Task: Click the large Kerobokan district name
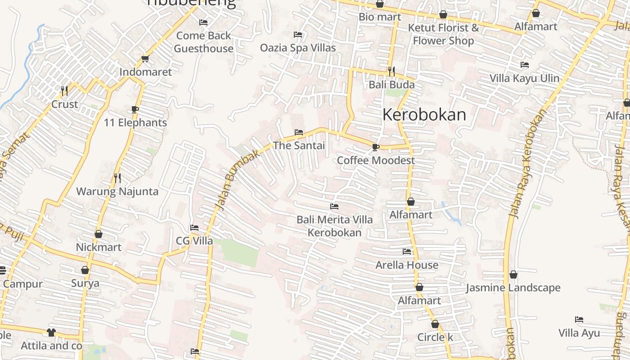(424, 115)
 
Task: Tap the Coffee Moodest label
(376, 160)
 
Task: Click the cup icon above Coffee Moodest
(376, 147)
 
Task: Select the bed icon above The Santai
(298, 132)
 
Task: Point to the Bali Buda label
(391, 85)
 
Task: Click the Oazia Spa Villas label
(298, 47)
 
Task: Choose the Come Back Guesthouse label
(203, 42)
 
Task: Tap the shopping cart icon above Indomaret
(145, 59)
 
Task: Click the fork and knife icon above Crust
(64, 91)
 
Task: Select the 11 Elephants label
(135, 122)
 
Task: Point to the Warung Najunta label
(117, 191)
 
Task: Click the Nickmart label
(99, 247)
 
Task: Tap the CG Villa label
(194, 241)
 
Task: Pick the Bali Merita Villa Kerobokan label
(334, 226)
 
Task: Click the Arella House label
(407, 265)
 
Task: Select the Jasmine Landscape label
(513, 288)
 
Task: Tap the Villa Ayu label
(579, 333)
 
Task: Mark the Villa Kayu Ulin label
(524, 78)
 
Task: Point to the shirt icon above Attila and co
(51, 333)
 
